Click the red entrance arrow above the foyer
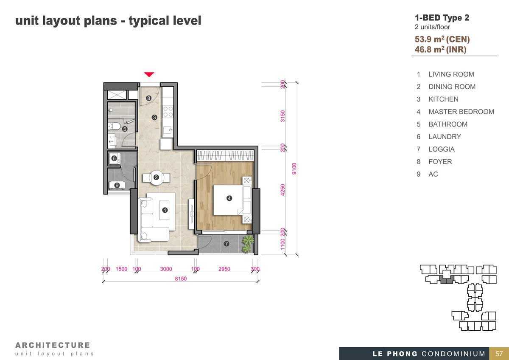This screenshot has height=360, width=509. (x=149, y=74)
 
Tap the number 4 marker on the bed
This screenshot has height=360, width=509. (x=229, y=198)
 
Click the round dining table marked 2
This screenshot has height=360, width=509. (x=156, y=177)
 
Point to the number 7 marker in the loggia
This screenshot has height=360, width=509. (x=227, y=244)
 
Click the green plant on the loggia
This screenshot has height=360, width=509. (x=248, y=244)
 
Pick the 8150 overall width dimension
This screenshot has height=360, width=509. (x=181, y=278)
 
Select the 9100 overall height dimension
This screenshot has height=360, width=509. (x=294, y=169)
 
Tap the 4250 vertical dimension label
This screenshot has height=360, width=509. (x=282, y=190)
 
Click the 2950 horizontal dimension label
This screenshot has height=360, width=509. (x=224, y=269)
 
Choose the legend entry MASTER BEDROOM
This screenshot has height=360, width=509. (x=461, y=112)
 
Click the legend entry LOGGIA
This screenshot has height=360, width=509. (x=442, y=149)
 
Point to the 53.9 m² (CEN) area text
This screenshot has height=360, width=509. (x=442, y=39)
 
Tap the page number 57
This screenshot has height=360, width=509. (x=499, y=354)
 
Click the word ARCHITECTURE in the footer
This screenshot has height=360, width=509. (x=53, y=345)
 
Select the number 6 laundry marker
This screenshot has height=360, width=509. (x=114, y=158)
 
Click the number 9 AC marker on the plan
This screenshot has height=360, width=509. (x=117, y=185)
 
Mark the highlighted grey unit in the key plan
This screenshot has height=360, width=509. (x=447, y=280)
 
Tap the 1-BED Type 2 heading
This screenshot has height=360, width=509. (x=442, y=18)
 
